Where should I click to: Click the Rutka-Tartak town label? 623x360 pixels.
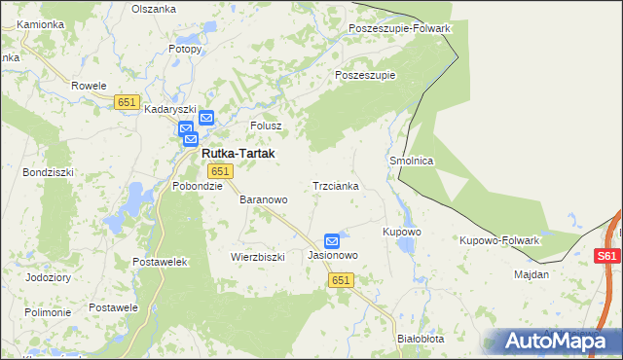(238, 154)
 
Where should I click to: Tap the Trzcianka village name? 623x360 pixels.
(336, 185)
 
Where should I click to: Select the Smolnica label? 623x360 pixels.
(411, 161)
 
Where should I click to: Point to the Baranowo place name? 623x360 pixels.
(264, 199)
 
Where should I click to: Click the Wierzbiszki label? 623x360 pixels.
(257, 257)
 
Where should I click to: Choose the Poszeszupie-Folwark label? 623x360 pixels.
(399, 28)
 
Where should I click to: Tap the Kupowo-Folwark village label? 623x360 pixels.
(499, 239)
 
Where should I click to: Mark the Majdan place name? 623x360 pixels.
(531, 274)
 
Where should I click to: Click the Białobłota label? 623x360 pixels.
(421, 339)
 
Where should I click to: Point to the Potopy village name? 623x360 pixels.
(184, 48)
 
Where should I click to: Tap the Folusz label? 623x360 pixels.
(266, 126)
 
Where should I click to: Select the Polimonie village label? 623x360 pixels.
(48, 312)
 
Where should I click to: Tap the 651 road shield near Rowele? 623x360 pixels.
(127, 102)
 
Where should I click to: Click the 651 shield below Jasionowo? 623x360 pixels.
(340, 280)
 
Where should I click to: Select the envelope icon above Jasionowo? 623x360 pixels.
(332, 240)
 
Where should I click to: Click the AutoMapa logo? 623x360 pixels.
(556, 342)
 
